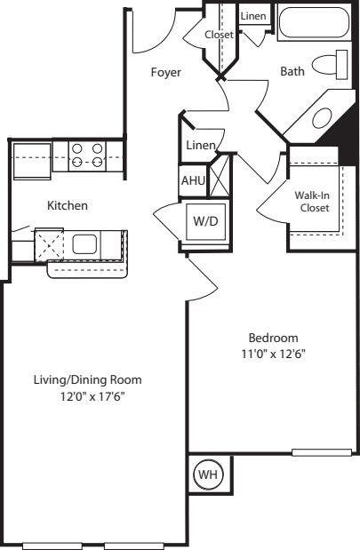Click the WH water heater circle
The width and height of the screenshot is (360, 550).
(208, 474)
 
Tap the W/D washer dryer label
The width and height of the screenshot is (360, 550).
(205, 221)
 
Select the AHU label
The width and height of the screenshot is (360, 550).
(193, 180)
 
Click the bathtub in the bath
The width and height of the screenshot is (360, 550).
(314, 21)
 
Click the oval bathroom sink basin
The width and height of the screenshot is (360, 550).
(322, 118)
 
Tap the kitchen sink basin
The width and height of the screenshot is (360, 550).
(84, 244)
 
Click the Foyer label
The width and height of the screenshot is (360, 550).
(166, 72)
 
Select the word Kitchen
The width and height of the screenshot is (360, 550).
(68, 205)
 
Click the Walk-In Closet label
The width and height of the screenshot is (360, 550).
(312, 202)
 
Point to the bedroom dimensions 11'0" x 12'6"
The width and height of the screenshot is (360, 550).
(274, 354)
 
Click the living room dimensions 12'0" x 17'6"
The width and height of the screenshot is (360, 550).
(93, 396)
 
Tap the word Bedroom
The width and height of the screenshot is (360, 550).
(274, 338)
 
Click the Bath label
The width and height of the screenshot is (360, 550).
(292, 72)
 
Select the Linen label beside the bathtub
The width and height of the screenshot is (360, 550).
(253, 16)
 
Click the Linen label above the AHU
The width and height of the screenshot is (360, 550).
(201, 145)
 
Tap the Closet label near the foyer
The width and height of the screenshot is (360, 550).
(219, 35)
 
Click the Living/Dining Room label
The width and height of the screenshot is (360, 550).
(88, 380)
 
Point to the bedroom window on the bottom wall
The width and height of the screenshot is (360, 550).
(322, 452)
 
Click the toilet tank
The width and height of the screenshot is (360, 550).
(341, 65)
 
